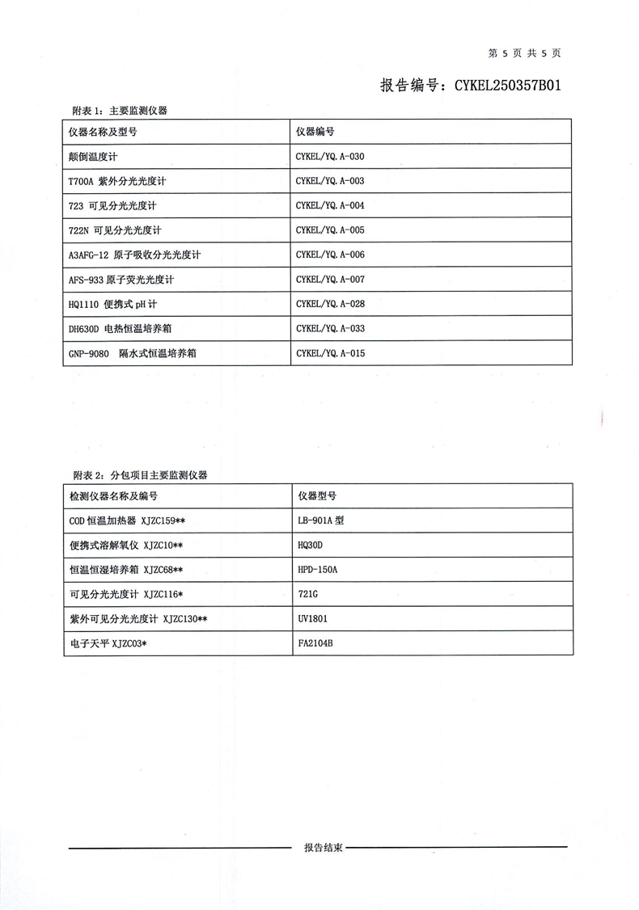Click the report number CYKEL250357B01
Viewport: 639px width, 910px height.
pos(470,84)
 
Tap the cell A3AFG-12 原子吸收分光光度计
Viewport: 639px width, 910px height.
pos(134,255)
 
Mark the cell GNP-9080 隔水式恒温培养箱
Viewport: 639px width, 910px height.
pos(133,353)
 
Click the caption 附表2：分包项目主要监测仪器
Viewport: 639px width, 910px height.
pos(140,475)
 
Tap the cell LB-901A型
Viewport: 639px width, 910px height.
pos(321,520)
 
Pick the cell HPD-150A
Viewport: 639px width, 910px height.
pos(317,570)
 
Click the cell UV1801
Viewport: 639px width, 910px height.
pos(313,619)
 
